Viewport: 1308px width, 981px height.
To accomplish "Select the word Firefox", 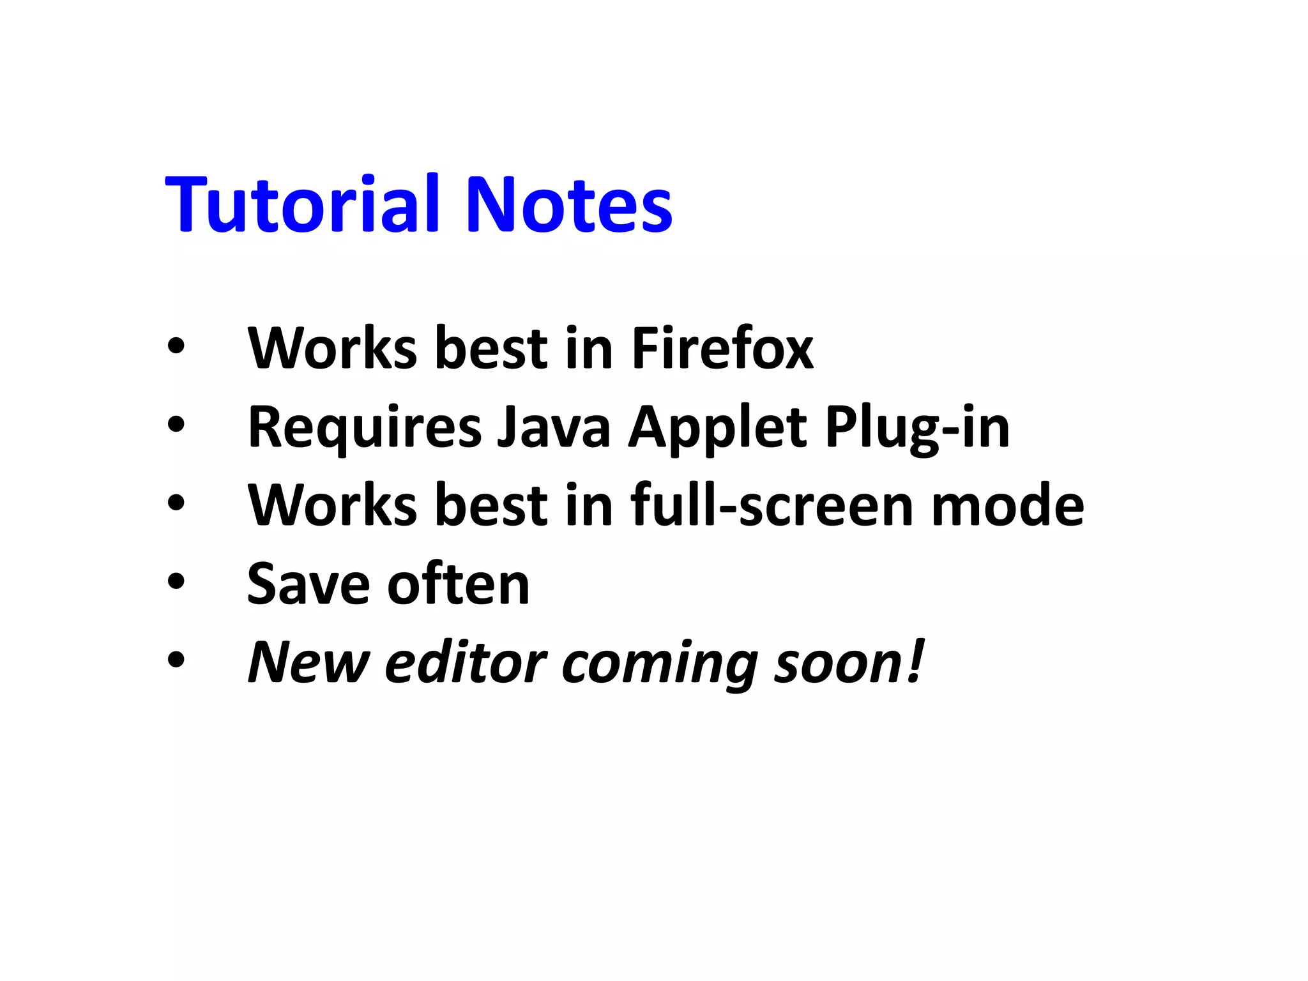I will coord(722,348).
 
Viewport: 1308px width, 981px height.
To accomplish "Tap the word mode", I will coord(1008,505).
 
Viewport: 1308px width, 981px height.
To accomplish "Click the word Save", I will coord(308,584).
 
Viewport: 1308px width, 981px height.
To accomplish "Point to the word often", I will coord(459,584).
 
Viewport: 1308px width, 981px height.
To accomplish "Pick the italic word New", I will coord(308,662).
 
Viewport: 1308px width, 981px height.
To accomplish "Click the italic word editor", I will coord(466,662).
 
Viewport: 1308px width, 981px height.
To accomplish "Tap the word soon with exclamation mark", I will coord(849,662).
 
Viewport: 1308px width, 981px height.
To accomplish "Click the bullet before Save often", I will coord(176,581).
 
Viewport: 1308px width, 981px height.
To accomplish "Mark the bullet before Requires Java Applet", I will coord(176,424).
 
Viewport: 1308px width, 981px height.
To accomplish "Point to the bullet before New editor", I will coord(176,660).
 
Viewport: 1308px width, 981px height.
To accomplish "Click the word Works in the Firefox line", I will coord(332,348).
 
